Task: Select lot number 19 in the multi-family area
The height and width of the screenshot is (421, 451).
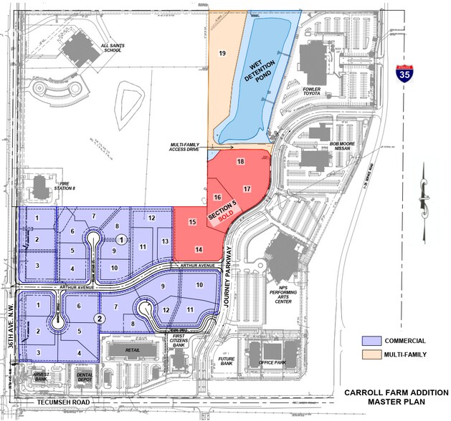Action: tap(222, 54)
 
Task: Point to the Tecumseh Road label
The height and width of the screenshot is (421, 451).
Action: tap(63, 403)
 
